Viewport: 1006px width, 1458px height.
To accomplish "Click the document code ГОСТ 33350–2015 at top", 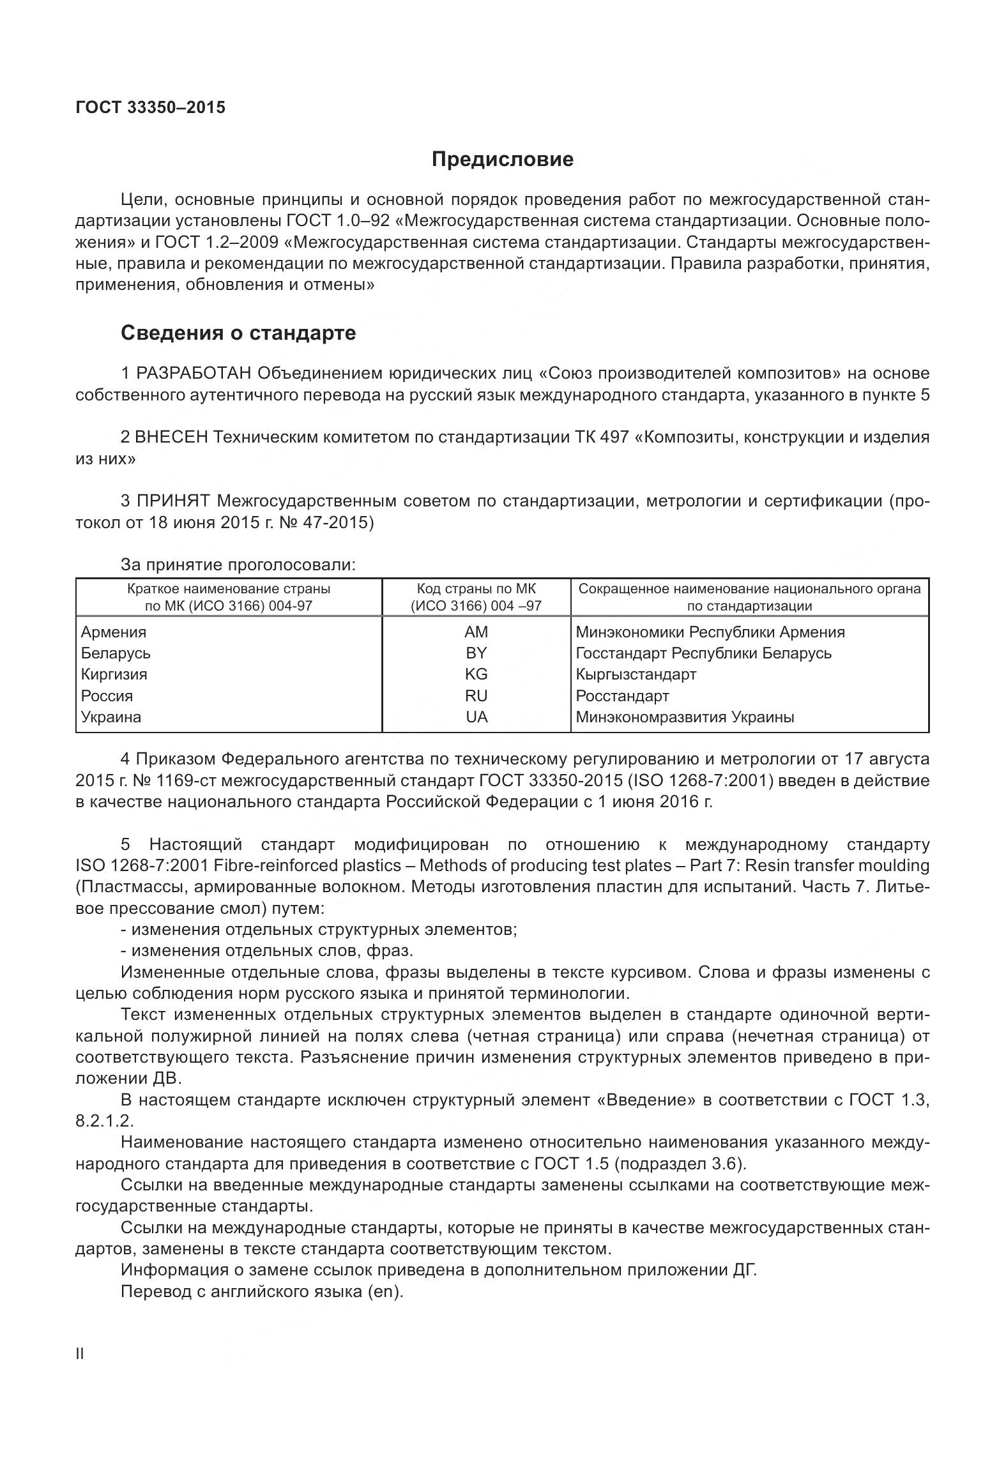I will point(150,107).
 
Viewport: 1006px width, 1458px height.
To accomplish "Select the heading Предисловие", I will point(502,159).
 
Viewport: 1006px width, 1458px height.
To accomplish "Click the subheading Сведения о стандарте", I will point(238,333).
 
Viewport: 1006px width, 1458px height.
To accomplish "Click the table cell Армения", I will point(114,632).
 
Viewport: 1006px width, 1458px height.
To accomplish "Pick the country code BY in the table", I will point(476,653).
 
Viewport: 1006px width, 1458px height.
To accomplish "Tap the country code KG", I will point(476,674).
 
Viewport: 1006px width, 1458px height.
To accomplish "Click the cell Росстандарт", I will point(622,695).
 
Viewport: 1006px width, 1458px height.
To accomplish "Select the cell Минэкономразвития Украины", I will point(685,717).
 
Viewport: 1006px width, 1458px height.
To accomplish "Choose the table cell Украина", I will point(111,717).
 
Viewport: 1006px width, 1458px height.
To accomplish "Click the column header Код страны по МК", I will point(476,588).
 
